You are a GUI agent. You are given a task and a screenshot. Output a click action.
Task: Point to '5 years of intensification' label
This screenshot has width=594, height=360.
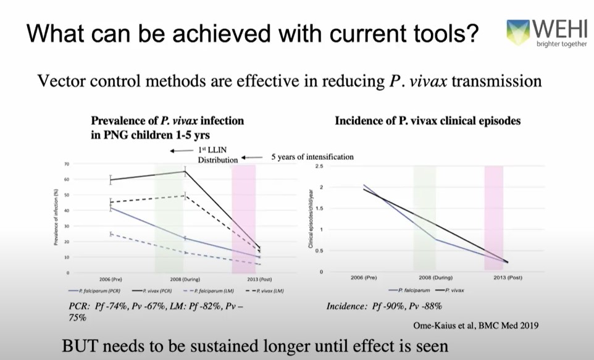click(312, 157)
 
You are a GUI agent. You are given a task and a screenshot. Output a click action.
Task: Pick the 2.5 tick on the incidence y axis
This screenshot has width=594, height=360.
click(319, 166)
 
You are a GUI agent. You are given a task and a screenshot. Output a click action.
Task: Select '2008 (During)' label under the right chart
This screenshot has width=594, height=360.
click(430, 278)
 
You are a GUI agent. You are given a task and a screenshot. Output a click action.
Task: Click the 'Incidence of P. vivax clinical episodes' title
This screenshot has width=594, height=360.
click(427, 121)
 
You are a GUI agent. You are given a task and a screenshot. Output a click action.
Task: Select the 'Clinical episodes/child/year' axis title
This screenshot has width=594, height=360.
click(311, 219)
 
